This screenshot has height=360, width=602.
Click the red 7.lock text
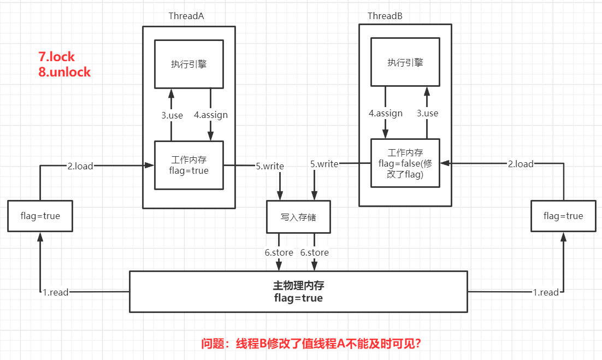(56, 57)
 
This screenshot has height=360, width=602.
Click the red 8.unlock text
(64, 72)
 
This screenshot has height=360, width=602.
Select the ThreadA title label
(186, 16)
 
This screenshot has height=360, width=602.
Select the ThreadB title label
(385, 16)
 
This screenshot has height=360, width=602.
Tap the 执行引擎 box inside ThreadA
(188, 64)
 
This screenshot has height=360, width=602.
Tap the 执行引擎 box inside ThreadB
(405, 62)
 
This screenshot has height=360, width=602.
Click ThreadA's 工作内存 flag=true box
(188, 165)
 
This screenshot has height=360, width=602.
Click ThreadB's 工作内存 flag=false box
(405, 163)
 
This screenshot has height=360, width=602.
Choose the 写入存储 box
(298, 217)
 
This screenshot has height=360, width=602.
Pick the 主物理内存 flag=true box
(298, 291)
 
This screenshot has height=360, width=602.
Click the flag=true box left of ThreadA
(40, 216)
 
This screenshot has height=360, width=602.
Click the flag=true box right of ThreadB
(563, 216)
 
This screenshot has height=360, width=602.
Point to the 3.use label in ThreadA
(172, 115)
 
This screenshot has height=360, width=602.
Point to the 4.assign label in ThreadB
(386, 114)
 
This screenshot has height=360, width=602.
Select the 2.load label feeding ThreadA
(80, 166)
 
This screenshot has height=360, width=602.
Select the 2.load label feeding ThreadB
(521, 164)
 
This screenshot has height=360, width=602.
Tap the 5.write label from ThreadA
(270, 166)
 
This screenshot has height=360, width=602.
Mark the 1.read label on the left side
(56, 292)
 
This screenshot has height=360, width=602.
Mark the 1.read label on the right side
(546, 292)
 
